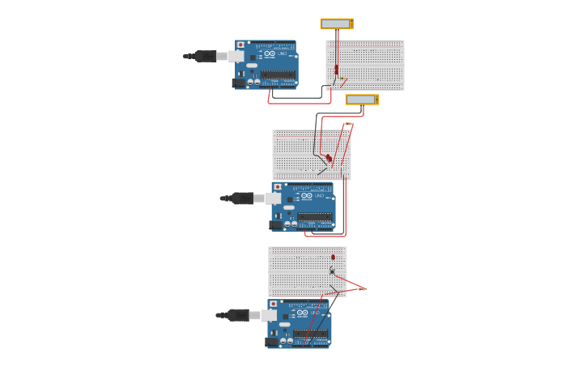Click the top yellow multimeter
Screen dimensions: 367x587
click(337, 23)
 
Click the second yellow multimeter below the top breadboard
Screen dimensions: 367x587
click(362, 100)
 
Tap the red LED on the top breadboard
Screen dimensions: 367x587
click(337, 70)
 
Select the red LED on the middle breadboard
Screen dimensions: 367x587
click(329, 157)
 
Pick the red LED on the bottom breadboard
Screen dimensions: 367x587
click(333, 257)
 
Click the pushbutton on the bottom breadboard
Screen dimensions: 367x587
click(332, 271)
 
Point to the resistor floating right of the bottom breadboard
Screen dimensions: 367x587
click(362, 288)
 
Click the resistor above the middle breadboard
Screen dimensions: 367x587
click(347, 124)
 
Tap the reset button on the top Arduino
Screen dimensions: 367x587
click(240, 45)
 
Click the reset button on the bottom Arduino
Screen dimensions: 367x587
click(273, 304)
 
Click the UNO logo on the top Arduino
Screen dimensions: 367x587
click(281, 54)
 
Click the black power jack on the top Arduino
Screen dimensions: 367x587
click(239, 83)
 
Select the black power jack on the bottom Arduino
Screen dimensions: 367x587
click(272, 342)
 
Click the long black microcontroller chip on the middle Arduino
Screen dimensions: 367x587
click(315, 216)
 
